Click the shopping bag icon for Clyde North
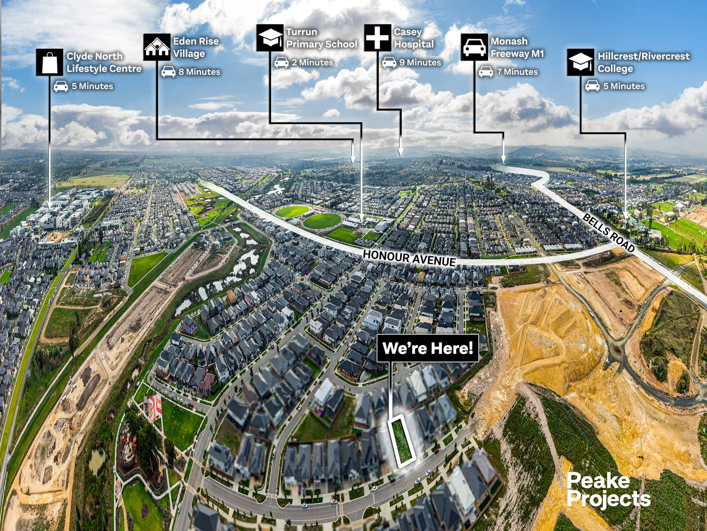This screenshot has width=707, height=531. point(50,62)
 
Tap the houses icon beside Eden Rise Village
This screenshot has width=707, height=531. point(157,47)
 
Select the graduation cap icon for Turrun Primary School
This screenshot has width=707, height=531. point(270,38)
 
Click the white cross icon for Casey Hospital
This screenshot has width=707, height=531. point(378,38)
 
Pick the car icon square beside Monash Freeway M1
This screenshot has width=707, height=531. point(474,47)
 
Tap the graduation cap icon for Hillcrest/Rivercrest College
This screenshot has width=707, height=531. point(580,62)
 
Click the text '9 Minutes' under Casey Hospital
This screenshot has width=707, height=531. point(420,62)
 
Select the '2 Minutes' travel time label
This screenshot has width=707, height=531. point(312,62)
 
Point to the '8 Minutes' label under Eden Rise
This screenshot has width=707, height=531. point(199,72)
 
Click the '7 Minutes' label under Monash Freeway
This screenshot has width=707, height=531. point(517,72)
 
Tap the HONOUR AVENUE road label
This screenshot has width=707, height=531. point(409,258)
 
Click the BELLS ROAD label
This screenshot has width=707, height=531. point(608,233)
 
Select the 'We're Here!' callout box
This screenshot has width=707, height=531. point(428,348)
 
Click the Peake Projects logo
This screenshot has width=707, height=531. point(608,490)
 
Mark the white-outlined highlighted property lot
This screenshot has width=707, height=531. point(401,441)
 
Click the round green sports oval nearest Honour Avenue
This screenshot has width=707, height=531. point(322,221)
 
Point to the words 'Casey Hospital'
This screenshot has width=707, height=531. point(414,38)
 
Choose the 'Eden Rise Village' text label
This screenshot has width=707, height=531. point(196,47)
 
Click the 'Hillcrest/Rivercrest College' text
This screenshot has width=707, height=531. point(644,62)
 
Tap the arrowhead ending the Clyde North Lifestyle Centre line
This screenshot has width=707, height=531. point(50,206)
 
